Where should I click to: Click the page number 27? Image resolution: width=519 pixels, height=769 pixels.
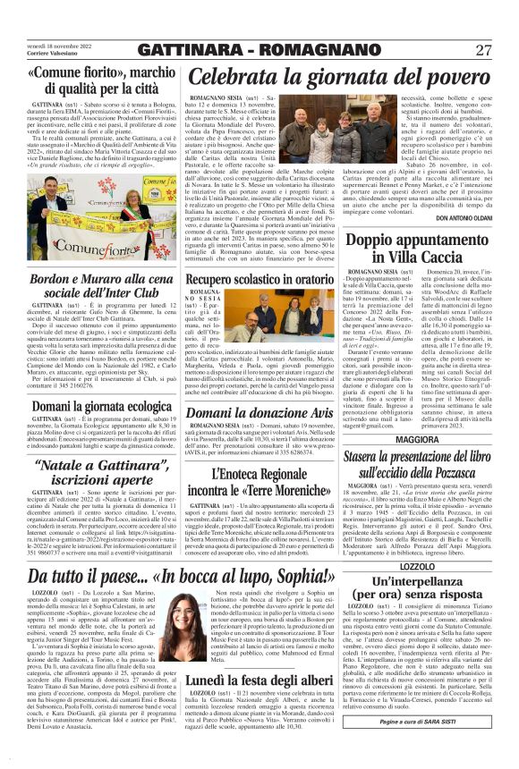483,50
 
